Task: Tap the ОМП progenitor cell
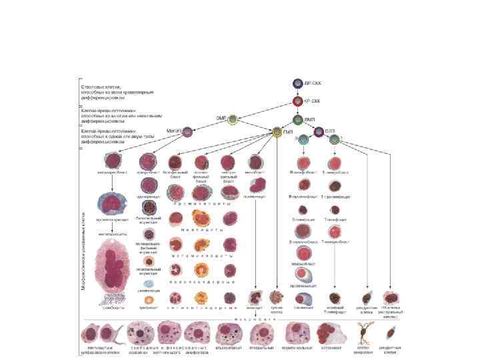tap(233, 120)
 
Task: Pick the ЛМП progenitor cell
tap(298, 121)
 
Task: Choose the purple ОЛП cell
tap(319, 132)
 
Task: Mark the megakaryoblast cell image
tap(116, 163)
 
